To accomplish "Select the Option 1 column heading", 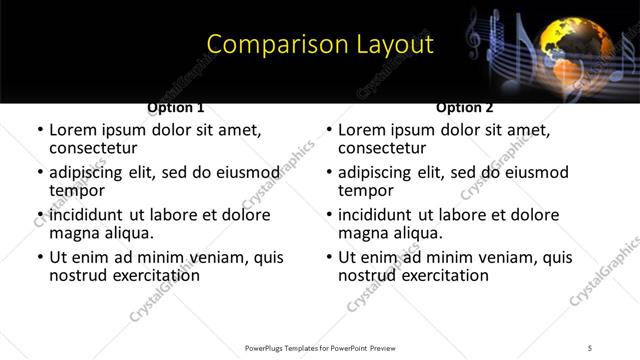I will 176,107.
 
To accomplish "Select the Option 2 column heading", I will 465,107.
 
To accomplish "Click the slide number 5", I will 591,347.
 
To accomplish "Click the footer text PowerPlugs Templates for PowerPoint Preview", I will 320,347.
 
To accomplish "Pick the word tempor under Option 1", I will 77,191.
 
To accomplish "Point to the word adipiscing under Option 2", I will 377,172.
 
